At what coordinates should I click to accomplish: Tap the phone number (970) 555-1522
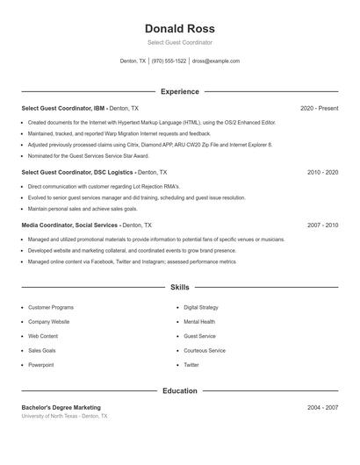pos(169,61)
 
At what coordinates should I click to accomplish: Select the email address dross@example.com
pos(216,61)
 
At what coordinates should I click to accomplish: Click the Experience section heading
pos(179,91)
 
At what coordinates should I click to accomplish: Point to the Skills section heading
pos(179,287)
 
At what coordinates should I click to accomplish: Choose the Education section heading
pos(179,390)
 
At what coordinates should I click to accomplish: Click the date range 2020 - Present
pos(319,108)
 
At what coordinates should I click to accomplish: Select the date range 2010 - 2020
pos(322,173)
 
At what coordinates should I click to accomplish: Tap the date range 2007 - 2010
pos(322,225)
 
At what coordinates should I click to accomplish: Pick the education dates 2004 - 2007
pos(322,408)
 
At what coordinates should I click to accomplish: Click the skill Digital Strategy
pos(202,308)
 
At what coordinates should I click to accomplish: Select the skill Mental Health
pos(199,322)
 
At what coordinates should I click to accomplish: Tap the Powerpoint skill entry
pos(40,365)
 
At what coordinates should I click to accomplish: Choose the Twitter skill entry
pos(191,365)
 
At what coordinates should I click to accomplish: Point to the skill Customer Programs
pos(51,308)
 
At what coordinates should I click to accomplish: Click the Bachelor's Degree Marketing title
pos(61,408)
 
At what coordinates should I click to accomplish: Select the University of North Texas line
pos(65,417)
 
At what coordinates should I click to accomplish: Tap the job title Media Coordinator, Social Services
pos(69,225)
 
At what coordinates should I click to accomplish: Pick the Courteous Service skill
pos(205,351)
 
